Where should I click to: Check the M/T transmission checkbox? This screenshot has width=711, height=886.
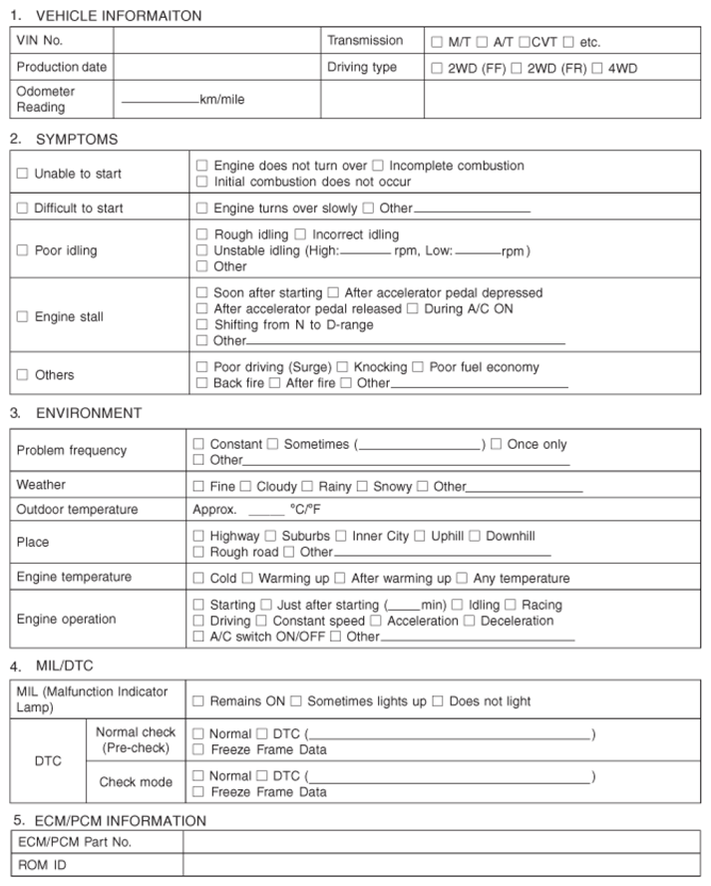pyautogui.click(x=437, y=43)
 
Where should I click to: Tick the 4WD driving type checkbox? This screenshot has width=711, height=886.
pyautogui.click(x=596, y=69)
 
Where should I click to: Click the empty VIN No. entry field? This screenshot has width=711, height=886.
pyautogui.click(x=216, y=42)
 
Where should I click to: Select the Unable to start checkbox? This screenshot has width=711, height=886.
pyautogui.click(x=22, y=174)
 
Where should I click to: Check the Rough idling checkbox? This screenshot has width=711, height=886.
pyautogui.click(x=202, y=234)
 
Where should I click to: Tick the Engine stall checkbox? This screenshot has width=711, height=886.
pyautogui.click(x=22, y=317)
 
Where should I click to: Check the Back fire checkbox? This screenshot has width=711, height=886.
pyautogui.click(x=202, y=383)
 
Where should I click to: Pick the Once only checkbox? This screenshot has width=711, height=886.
pyautogui.click(x=496, y=444)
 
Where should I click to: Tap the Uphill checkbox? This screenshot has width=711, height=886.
pyautogui.click(x=420, y=536)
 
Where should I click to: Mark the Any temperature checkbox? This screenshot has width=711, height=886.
pyautogui.click(x=462, y=578)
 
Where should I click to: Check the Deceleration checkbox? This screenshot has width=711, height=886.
pyautogui.click(x=469, y=621)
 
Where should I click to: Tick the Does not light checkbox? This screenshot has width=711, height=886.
pyautogui.click(x=437, y=701)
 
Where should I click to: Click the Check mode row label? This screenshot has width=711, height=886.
pyautogui.click(x=136, y=782)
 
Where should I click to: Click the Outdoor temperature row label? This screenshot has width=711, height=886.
pyautogui.click(x=78, y=510)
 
